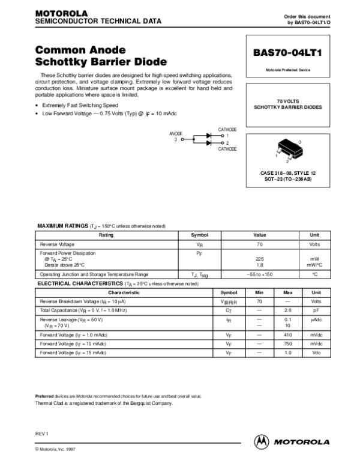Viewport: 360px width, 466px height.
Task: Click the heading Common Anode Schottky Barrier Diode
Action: point(101,56)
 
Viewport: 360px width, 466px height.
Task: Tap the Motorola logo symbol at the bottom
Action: point(261,441)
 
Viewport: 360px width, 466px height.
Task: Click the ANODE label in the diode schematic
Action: point(176,134)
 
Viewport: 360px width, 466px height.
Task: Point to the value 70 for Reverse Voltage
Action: point(260,245)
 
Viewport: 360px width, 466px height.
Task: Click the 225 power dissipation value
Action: point(260,259)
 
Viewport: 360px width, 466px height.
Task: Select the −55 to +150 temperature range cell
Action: point(260,274)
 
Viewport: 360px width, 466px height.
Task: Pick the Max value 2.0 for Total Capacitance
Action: point(287,310)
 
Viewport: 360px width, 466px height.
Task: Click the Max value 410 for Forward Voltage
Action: point(287,334)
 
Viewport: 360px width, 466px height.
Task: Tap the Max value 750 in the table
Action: point(287,343)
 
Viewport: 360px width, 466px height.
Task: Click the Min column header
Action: point(259,292)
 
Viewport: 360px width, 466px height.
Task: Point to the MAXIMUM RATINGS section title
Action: point(63,225)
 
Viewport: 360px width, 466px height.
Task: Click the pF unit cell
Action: point(316,310)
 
